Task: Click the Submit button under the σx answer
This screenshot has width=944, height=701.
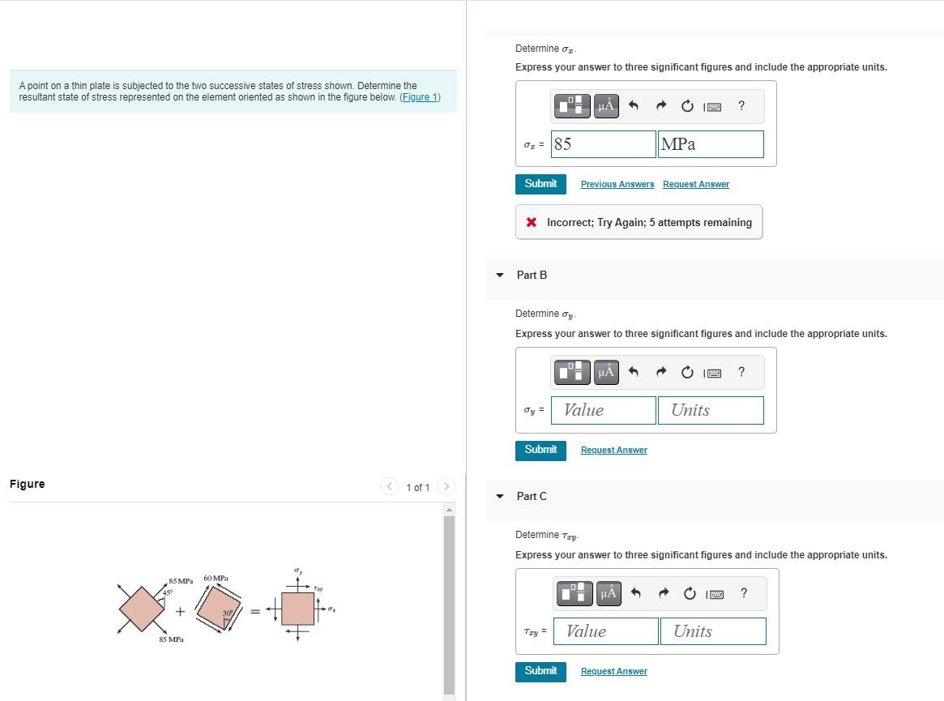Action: coord(540,184)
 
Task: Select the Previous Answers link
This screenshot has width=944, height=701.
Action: coord(617,185)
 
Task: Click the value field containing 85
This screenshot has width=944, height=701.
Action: coord(604,144)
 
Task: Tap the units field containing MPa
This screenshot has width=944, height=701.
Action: coord(711,144)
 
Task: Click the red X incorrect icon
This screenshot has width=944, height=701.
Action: coord(531,222)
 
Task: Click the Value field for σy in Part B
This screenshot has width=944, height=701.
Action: coord(604,410)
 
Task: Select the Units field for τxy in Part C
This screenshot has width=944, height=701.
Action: coord(713,631)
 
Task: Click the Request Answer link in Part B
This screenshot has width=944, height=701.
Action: coord(613,451)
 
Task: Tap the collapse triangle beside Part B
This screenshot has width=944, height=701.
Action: coord(500,275)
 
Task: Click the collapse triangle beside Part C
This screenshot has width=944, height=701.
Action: coord(500,496)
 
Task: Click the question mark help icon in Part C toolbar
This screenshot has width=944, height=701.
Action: coord(744,593)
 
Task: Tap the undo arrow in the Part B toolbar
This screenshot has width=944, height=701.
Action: coord(634,372)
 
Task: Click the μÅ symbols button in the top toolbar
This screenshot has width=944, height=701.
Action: coord(606,105)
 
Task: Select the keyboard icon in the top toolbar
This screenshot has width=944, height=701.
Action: coord(713,105)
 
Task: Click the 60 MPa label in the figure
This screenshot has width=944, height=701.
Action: coord(216,579)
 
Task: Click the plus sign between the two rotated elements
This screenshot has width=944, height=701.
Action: coord(180,611)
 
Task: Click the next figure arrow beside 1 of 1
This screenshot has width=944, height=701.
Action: coord(446,487)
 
